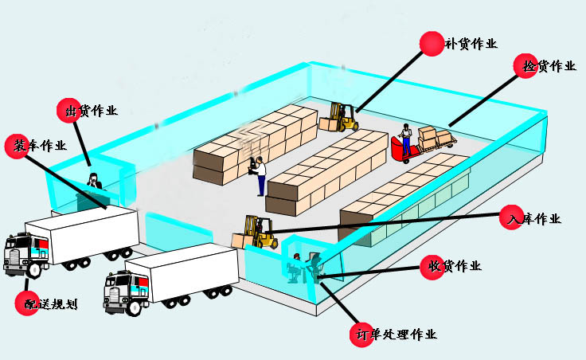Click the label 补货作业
pos(471,44)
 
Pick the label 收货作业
pos(455,266)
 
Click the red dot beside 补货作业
pos(432,43)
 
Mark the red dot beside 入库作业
pos(510,218)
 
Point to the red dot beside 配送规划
pos(28,302)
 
